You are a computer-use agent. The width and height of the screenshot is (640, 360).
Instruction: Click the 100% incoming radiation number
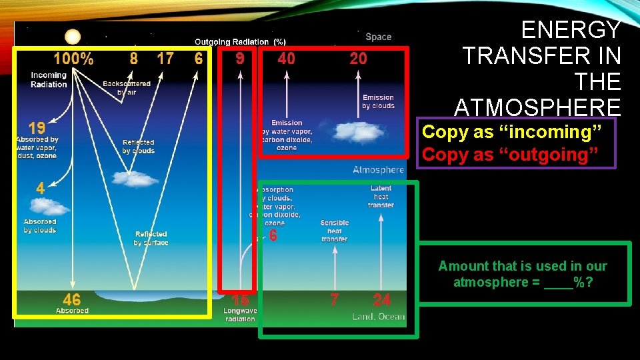tap(73, 59)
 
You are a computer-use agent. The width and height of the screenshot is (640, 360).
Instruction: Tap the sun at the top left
tap(73, 37)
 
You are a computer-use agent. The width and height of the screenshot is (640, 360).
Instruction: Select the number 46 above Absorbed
tap(72, 300)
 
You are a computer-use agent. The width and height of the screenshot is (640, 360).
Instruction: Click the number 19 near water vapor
tap(37, 127)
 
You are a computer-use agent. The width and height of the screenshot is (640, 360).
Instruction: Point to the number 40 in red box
tap(287, 59)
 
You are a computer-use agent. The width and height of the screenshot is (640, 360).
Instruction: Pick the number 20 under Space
tap(359, 59)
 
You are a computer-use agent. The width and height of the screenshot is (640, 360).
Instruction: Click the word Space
tap(378, 37)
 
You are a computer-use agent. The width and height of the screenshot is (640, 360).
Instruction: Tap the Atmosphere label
tap(378, 170)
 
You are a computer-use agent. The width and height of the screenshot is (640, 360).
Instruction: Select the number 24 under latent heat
tap(382, 300)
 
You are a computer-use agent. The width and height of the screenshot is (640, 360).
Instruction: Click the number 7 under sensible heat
tap(334, 300)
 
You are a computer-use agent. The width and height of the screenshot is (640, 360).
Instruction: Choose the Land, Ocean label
tap(378, 317)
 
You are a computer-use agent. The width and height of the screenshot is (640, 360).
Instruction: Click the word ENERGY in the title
tap(571, 30)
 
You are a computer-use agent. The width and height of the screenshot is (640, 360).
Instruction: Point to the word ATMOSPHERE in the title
tap(537, 107)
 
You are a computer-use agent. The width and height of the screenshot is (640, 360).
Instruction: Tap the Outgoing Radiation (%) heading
tap(240, 41)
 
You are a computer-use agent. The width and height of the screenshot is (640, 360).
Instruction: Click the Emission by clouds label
tap(378, 101)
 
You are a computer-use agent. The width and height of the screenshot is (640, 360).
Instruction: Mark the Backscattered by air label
tap(126, 88)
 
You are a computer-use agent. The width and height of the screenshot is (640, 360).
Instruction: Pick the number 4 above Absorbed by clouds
tap(41, 189)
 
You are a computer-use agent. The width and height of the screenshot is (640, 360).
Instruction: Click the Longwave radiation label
tap(239, 315)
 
